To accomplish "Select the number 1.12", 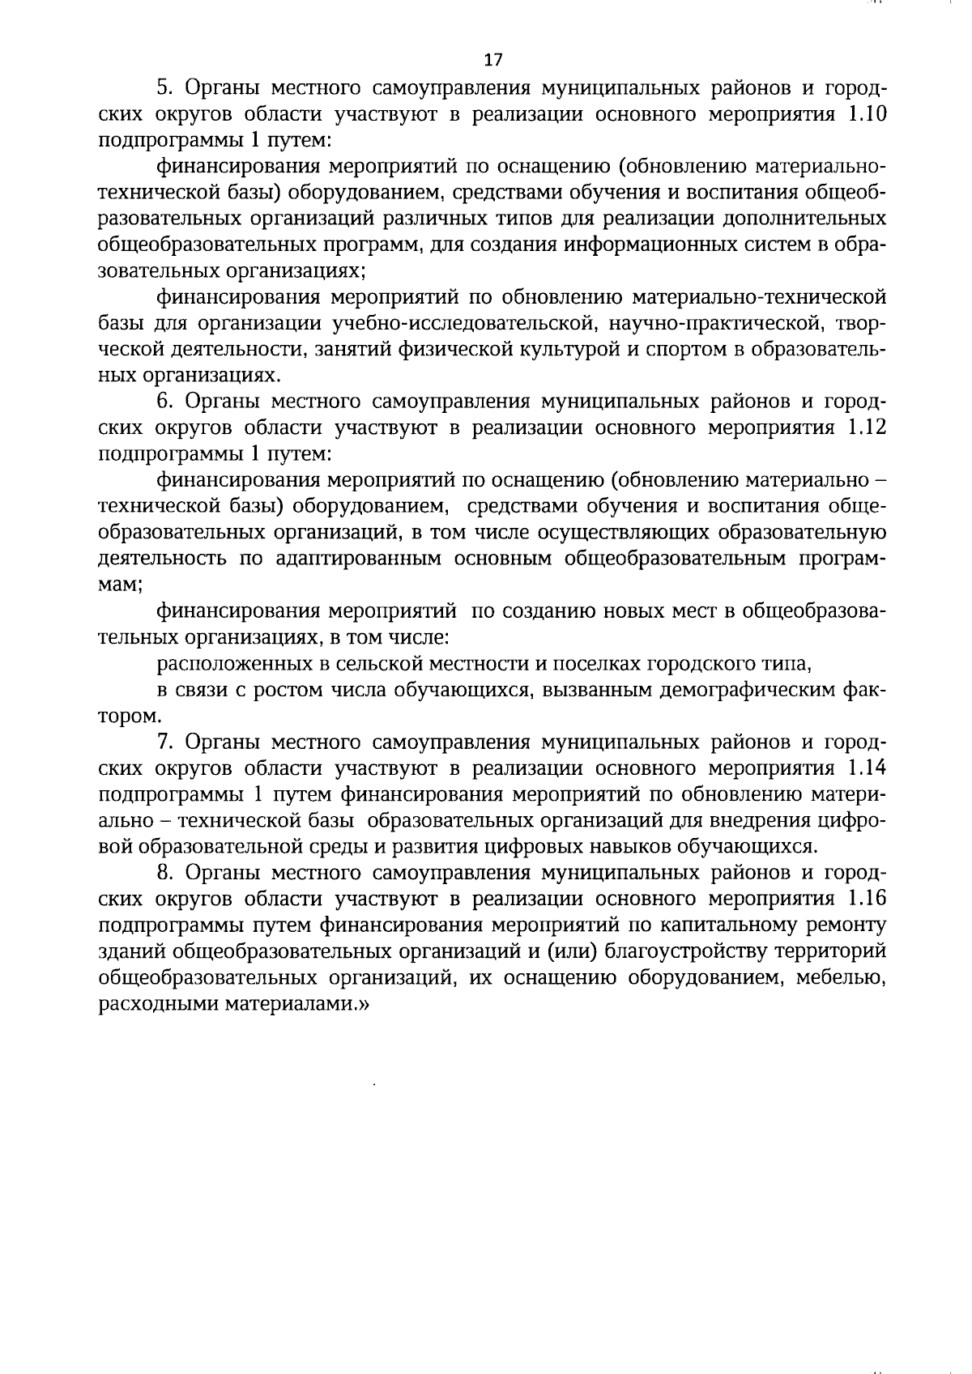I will (x=866, y=428).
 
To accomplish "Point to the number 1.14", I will (x=866, y=768).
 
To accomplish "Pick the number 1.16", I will (x=866, y=899).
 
